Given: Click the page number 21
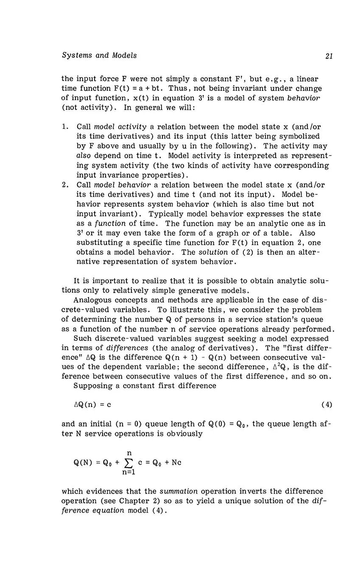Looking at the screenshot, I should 328,56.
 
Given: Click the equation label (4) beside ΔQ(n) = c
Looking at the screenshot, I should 327,404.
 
